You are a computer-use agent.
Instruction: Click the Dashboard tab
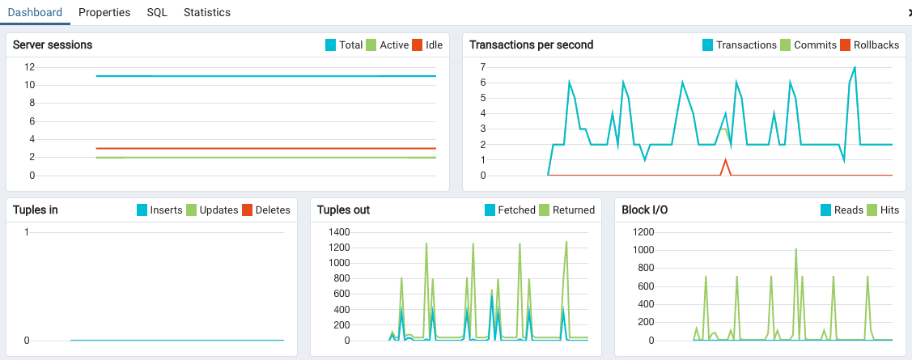(35, 13)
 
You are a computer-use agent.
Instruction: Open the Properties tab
(104, 13)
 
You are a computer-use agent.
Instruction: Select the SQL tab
(157, 13)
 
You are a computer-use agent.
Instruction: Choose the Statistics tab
(207, 13)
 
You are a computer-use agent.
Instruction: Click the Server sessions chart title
(53, 45)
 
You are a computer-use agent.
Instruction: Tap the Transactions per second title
(531, 45)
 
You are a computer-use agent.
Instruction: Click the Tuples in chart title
(36, 210)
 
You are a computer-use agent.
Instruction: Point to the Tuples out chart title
(343, 210)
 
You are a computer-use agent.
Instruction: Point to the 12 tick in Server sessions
(29, 67)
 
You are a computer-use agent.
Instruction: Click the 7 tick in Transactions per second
(482, 67)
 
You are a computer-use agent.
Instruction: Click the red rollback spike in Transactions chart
(726, 161)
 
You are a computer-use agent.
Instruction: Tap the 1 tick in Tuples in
(27, 232)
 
